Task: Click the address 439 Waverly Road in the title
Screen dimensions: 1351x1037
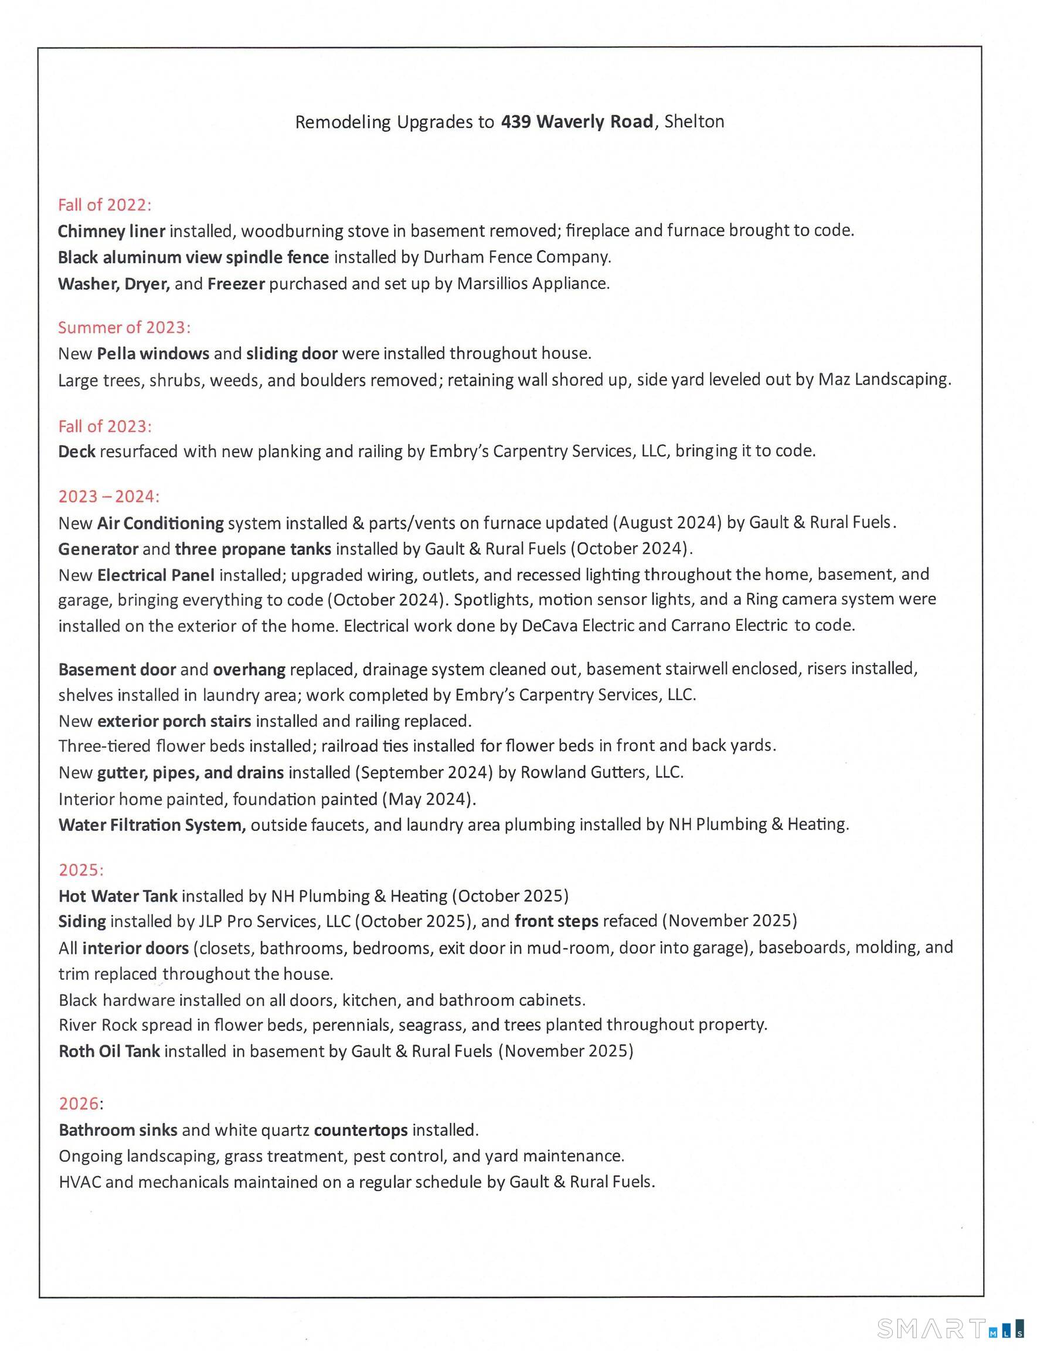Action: (576, 121)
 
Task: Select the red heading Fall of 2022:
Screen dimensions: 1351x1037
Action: (104, 205)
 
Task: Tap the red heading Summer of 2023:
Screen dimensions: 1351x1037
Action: (124, 327)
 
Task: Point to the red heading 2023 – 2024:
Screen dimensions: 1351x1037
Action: (108, 497)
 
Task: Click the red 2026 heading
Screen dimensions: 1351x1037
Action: (80, 1104)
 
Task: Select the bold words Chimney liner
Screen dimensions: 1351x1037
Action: (111, 231)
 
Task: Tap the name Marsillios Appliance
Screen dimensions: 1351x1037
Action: (533, 283)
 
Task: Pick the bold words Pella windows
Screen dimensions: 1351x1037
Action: (153, 353)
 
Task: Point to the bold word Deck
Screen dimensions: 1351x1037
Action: (77, 452)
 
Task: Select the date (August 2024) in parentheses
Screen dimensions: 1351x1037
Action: (667, 523)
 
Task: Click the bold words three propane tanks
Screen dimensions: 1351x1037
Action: (253, 549)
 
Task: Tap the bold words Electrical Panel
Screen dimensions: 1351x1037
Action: (155, 575)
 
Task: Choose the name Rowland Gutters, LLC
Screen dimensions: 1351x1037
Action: (601, 772)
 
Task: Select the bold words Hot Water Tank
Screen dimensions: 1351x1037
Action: (118, 896)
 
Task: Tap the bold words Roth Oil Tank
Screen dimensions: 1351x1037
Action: (109, 1051)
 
